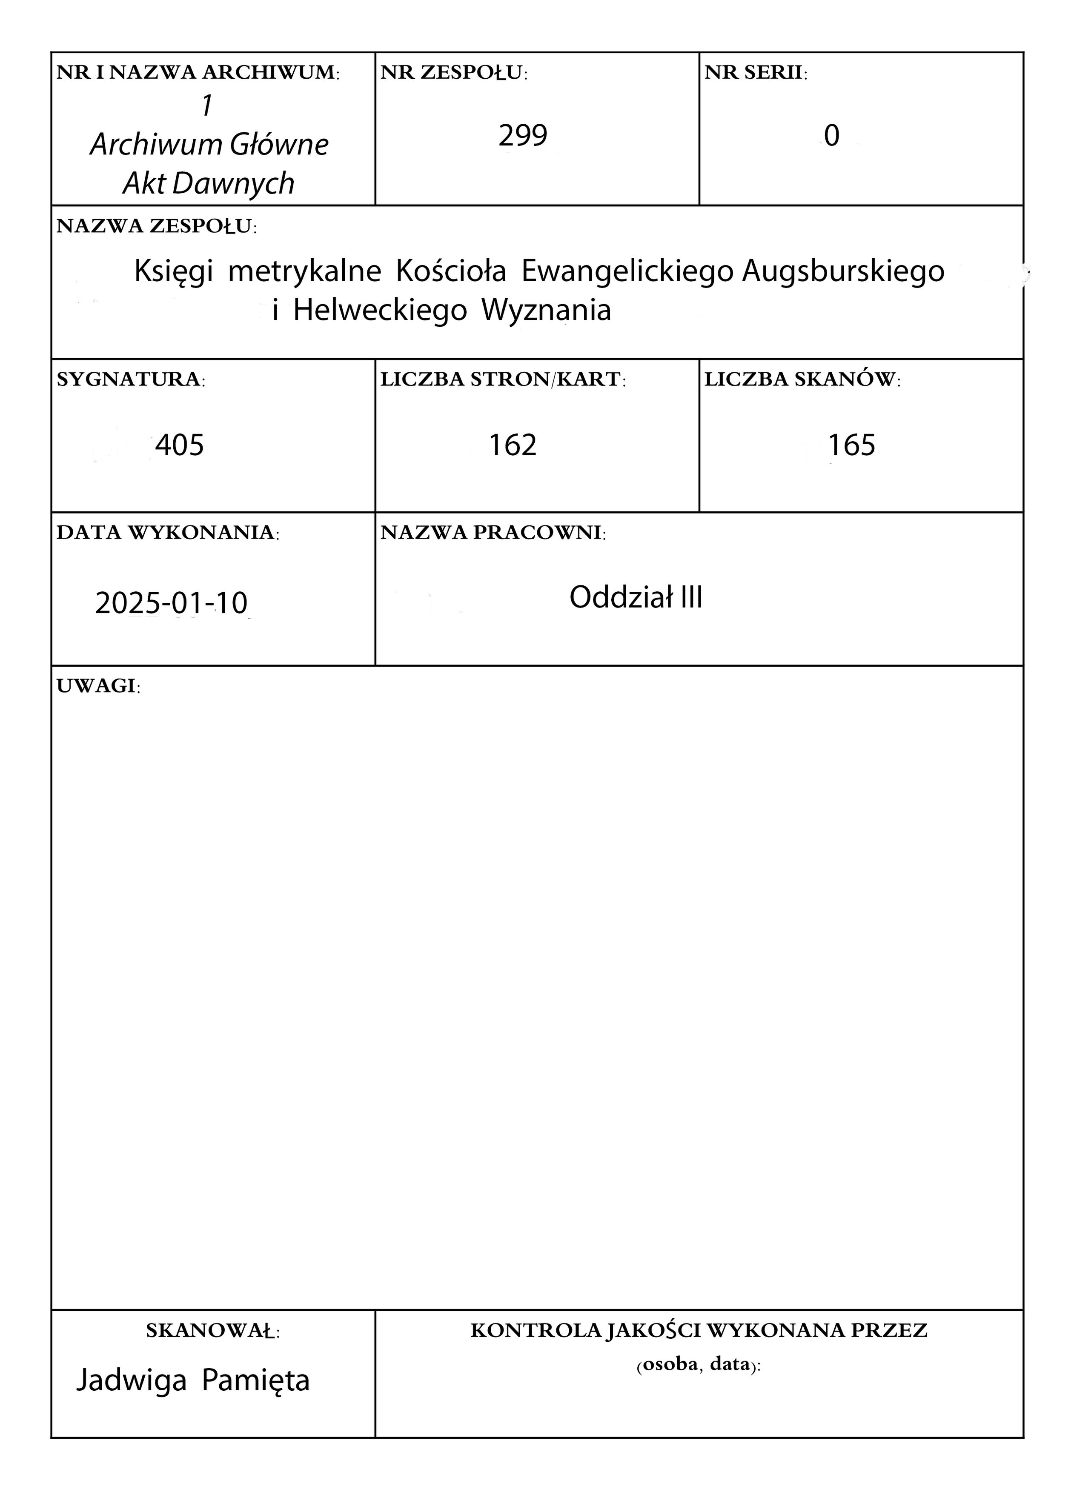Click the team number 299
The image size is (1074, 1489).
tap(522, 136)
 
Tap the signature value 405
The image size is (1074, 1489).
tap(179, 445)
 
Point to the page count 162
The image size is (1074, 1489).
tap(513, 445)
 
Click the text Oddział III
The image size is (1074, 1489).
tap(635, 597)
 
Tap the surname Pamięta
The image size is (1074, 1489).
tap(255, 1380)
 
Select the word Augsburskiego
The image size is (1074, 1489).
tap(843, 271)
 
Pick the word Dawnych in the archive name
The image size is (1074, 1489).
tap(233, 184)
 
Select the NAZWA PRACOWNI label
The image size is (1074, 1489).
tap(493, 533)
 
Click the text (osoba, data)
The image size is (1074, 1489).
tap(698, 1366)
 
